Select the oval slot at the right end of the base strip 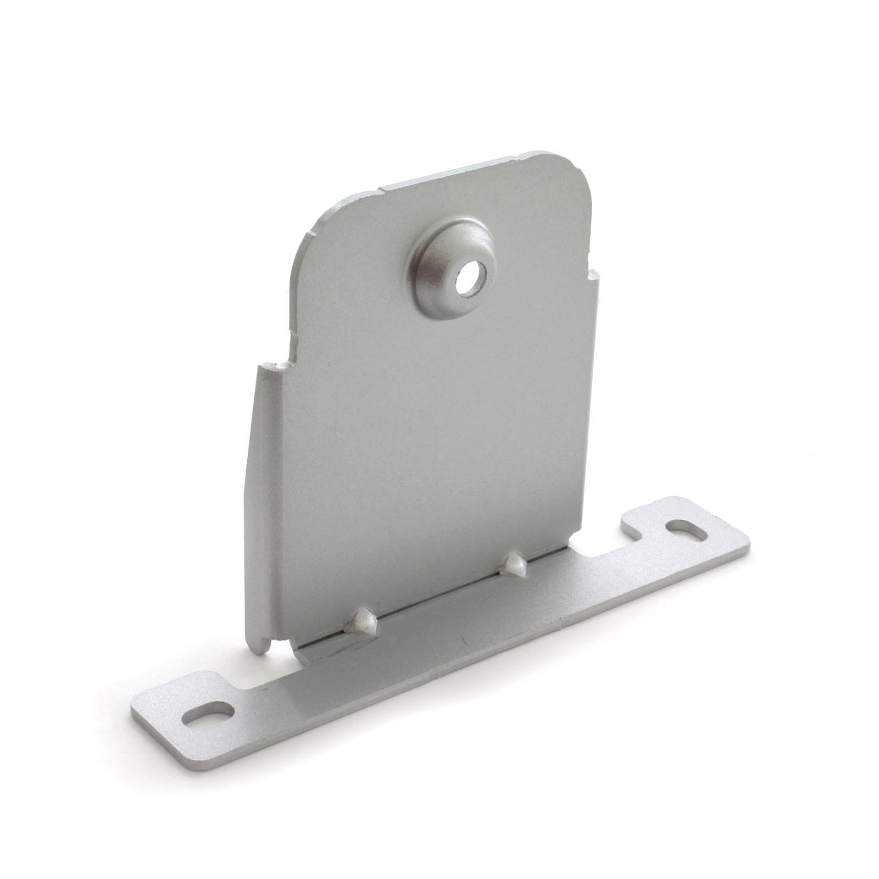tap(687, 530)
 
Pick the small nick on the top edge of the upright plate tap(381, 188)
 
